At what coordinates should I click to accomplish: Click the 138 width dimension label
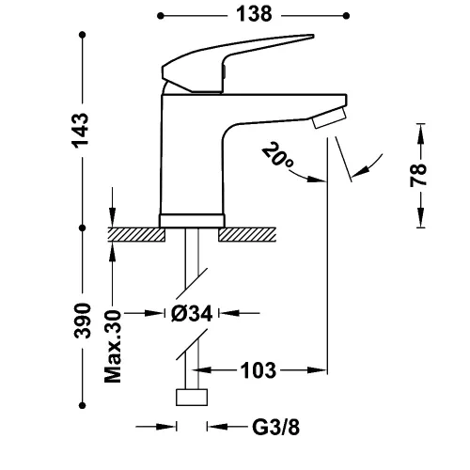(254, 14)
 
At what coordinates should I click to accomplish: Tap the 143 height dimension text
(80, 131)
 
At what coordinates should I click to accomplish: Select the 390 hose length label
(82, 321)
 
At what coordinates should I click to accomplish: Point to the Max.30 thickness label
(113, 347)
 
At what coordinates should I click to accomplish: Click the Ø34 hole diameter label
(192, 313)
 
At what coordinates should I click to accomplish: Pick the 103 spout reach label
(258, 370)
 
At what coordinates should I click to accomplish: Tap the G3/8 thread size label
(275, 427)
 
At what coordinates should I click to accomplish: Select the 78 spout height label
(418, 175)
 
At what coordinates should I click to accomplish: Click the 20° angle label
(277, 155)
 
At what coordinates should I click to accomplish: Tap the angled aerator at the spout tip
(329, 117)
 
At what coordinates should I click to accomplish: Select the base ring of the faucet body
(192, 221)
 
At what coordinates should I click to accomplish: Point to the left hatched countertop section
(136, 235)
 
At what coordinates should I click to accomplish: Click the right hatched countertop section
(247, 235)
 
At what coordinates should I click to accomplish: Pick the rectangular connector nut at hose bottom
(192, 398)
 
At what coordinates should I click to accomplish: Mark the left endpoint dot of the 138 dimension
(161, 16)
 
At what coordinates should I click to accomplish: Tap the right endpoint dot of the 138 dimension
(346, 16)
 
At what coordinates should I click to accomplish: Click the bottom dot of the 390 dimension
(82, 405)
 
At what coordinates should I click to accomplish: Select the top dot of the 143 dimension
(83, 35)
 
